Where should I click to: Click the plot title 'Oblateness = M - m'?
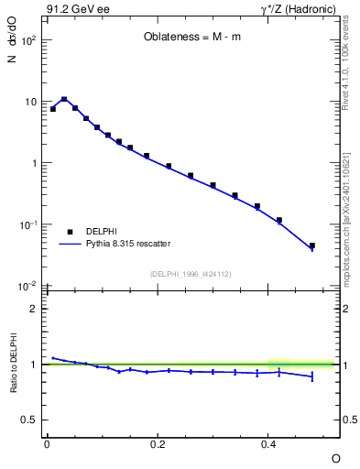(x=191, y=38)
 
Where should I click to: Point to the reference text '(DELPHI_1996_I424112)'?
(x=191, y=272)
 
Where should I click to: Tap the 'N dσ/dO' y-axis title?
(x=12, y=55)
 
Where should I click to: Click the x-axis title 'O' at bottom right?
(x=335, y=457)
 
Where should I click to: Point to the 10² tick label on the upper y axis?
(x=28, y=41)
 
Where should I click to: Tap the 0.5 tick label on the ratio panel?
(x=29, y=420)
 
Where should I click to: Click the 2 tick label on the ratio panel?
(x=33, y=309)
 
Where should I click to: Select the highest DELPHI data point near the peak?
(x=64, y=99)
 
